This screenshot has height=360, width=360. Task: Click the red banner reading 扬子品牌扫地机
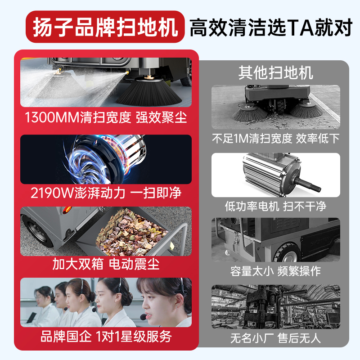click(x=105, y=27)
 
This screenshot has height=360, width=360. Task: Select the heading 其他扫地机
click(x=275, y=72)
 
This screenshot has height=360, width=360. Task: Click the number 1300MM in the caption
click(x=52, y=117)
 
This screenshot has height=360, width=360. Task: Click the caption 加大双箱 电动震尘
click(x=106, y=264)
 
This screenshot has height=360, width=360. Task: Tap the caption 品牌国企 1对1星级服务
click(x=106, y=336)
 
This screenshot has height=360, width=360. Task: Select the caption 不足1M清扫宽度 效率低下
click(x=275, y=139)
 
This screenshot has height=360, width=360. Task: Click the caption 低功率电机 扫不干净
click(x=275, y=206)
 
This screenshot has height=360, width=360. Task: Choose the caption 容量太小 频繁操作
click(x=275, y=271)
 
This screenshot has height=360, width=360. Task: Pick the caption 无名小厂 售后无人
click(x=275, y=338)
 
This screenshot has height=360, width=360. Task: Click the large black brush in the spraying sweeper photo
click(x=149, y=92)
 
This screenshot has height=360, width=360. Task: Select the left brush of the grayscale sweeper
click(x=250, y=112)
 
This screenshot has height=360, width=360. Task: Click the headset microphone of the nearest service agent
click(x=144, y=317)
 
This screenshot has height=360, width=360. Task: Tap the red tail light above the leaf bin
click(x=67, y=209)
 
